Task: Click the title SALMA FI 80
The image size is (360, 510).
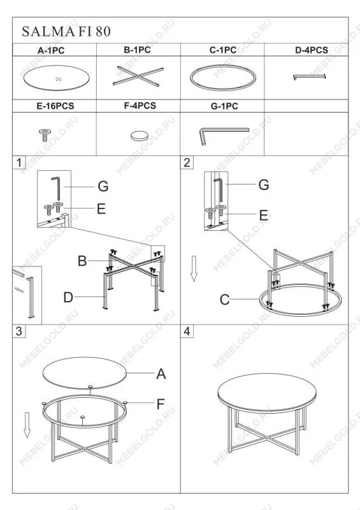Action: pyautogui.click(x=66, y=31)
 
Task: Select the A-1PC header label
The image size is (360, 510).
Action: pyautogui.click(x=51, y=50)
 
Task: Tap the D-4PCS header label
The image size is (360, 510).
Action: pyautogui.click(x=312, y=50)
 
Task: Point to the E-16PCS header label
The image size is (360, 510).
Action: pyautogui.click(x=55, y=106)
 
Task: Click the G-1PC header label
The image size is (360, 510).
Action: pyautogui.click(x=224, y=106)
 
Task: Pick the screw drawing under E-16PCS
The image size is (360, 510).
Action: pyautogui.click(x=44, y=135)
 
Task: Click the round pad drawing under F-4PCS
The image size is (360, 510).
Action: pyautogui.click(x=140, y=136)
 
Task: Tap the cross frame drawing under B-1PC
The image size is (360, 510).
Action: pyautogui.click(x=138, y=76)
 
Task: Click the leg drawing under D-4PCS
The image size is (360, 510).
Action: pyautogui.click(x=309, y=76)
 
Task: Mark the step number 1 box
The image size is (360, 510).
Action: pyautogui.click(x=19, y=163)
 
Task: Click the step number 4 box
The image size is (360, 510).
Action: pyautogui.click(x=187, y=331)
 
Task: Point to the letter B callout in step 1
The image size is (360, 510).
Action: pyautogui.click(x=82, y=261)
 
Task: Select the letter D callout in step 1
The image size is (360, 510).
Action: pyautogui.click(x=68, y=297)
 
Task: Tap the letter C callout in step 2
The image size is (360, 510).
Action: pyautogui.click(x=225, y=300)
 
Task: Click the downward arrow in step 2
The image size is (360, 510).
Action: pyautogui.click(x=194, y=268)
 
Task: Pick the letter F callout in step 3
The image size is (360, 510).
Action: pyautogui.click(x=161, y=404)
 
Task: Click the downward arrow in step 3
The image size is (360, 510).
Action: pyautogui.click(x=27, y=425)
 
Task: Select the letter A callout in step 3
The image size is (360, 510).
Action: pyautogui.click(x=161, y=374)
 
